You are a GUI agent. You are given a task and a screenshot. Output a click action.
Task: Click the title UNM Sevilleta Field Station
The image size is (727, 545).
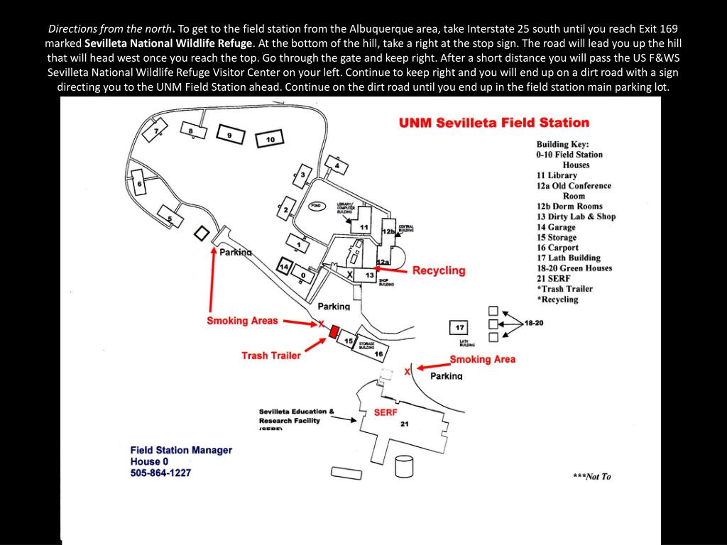tap(493, 123)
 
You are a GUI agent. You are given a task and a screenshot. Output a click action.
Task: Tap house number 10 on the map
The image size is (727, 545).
tap(270, 140)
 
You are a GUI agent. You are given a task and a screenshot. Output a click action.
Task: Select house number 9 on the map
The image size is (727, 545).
tap(229, 134)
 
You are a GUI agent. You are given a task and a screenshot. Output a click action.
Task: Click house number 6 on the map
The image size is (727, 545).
tap(140, 185)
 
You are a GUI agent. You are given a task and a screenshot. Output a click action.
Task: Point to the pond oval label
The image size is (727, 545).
tap(316, 206)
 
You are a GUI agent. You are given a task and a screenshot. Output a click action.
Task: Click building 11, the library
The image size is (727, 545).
tap(363, 226)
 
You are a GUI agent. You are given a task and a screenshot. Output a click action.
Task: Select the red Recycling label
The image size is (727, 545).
tap(439, 270)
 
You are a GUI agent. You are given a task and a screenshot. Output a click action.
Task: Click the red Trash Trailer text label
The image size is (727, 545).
tap(270, 355)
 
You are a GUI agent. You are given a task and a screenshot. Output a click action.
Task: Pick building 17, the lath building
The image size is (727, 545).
tap(459, 328)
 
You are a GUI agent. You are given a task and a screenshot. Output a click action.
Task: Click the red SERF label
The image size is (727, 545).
tap(386, 412)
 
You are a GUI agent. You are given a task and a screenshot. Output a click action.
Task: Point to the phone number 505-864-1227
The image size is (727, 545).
tap(160, 473)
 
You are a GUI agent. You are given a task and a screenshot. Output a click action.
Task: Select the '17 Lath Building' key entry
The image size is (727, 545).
tap(568, 258)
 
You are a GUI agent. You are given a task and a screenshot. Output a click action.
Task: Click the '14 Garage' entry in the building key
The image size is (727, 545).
tap(556, 227)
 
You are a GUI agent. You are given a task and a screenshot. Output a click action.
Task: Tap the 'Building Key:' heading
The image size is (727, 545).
tap(562, 144)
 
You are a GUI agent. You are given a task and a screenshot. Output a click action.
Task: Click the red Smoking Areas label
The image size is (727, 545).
tap(242, 321)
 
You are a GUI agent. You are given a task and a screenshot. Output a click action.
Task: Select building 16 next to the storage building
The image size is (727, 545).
tap(378, 353)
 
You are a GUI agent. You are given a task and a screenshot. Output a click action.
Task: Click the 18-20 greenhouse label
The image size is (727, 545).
tap(533, 323)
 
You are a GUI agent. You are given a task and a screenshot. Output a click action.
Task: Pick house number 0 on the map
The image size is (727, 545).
tap(303, 275)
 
